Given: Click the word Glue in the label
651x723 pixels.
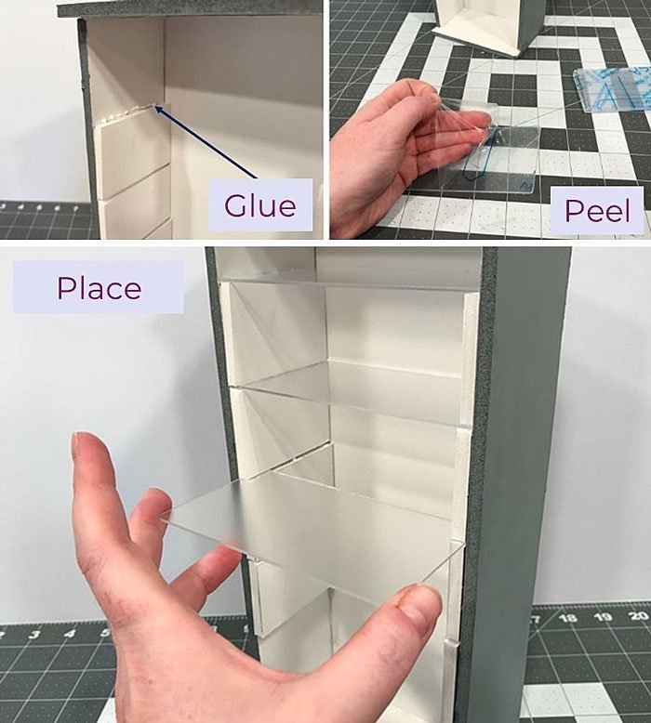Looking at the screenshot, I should coord(259,204).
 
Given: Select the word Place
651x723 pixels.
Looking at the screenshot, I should coord(99,287).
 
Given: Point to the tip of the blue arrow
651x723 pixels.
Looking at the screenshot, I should coord(157,108).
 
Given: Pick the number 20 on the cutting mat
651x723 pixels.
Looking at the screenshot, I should coord(638,616).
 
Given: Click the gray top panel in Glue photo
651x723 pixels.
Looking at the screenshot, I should coord(186,7).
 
